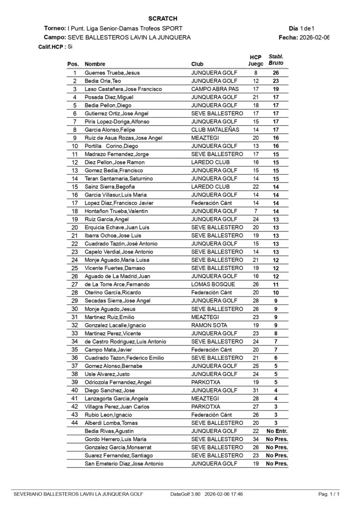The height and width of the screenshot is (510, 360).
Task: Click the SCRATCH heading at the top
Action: coord(163,19)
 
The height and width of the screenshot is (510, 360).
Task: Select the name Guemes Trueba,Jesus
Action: coord(112,73)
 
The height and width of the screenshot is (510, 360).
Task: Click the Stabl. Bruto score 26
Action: coord(276,73)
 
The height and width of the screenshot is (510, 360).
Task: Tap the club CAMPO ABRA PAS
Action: coord(215,89)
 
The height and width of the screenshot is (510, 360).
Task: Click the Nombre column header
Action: coord(95,64)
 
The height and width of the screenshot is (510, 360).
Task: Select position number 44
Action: coord(75,423)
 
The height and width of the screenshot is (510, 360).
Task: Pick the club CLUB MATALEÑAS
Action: coord(215,129)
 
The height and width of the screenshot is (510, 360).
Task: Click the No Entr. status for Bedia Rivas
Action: coord(277,431)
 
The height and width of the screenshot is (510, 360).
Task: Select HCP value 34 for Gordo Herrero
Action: coord(255,439)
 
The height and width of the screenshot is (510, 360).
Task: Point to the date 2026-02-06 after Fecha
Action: coord(315,38)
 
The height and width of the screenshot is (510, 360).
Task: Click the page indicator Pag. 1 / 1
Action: coord(329,494)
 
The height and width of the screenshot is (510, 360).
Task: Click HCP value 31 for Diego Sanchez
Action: coord(255,390)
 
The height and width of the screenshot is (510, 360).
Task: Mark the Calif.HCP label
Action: coord(52,47)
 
